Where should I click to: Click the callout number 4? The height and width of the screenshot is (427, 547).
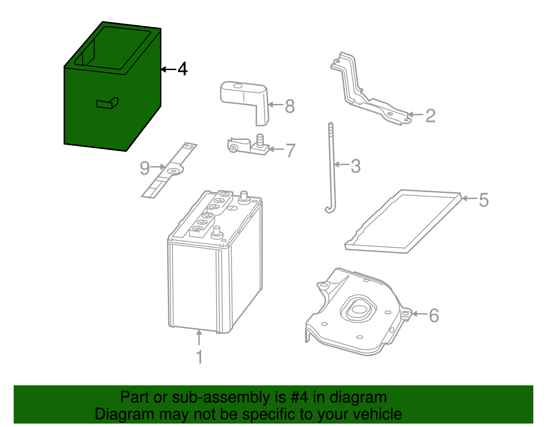pos(183,69)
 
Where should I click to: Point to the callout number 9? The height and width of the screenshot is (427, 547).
pos(145,168)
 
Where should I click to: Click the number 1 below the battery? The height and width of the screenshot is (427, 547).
pos(199,357)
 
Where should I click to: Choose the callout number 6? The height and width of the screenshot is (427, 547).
pos(433,315)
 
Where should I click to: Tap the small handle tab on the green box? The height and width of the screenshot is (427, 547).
pos(107,103)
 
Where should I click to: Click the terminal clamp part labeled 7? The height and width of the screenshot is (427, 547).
pos(248,146)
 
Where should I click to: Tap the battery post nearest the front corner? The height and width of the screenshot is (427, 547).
pos(216,232)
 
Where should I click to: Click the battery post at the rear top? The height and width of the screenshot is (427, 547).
pos(244,197)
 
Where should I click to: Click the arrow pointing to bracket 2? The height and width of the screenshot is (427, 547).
pos(415,115)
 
